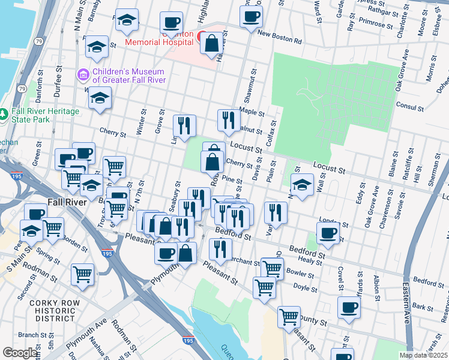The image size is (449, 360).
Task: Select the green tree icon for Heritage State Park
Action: pos(4,112)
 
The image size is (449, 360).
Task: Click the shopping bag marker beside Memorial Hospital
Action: pos(212,44)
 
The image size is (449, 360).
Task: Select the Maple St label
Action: pos(252,112)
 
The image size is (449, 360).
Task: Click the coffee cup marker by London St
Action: pos(328,234)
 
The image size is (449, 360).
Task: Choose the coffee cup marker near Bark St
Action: pos(349,309)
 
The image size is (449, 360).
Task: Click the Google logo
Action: pos(19,353)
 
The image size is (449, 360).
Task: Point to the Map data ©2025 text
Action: pos(423,355)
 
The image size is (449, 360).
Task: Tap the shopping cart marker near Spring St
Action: pos(53,229)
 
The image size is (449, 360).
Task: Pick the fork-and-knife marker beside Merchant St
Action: pos(220,250)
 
